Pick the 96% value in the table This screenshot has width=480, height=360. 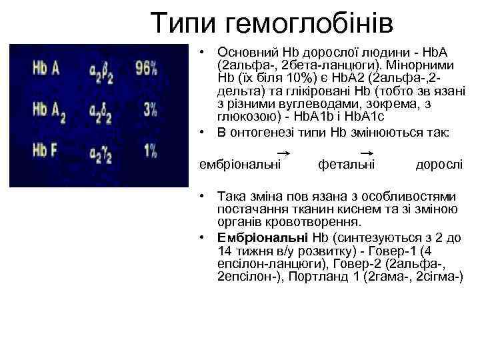(145, 68)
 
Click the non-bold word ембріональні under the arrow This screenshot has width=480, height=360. (240, 164)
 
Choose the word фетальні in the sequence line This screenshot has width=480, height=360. (346, 164)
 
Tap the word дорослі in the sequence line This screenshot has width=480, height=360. (439, 164)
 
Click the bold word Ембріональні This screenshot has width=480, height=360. (262, 237)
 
